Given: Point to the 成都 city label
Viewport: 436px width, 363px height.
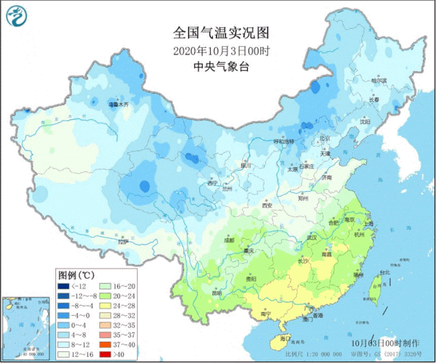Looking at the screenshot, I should coord(229,240).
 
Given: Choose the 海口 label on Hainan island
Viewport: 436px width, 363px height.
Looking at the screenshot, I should coord(285,337).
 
